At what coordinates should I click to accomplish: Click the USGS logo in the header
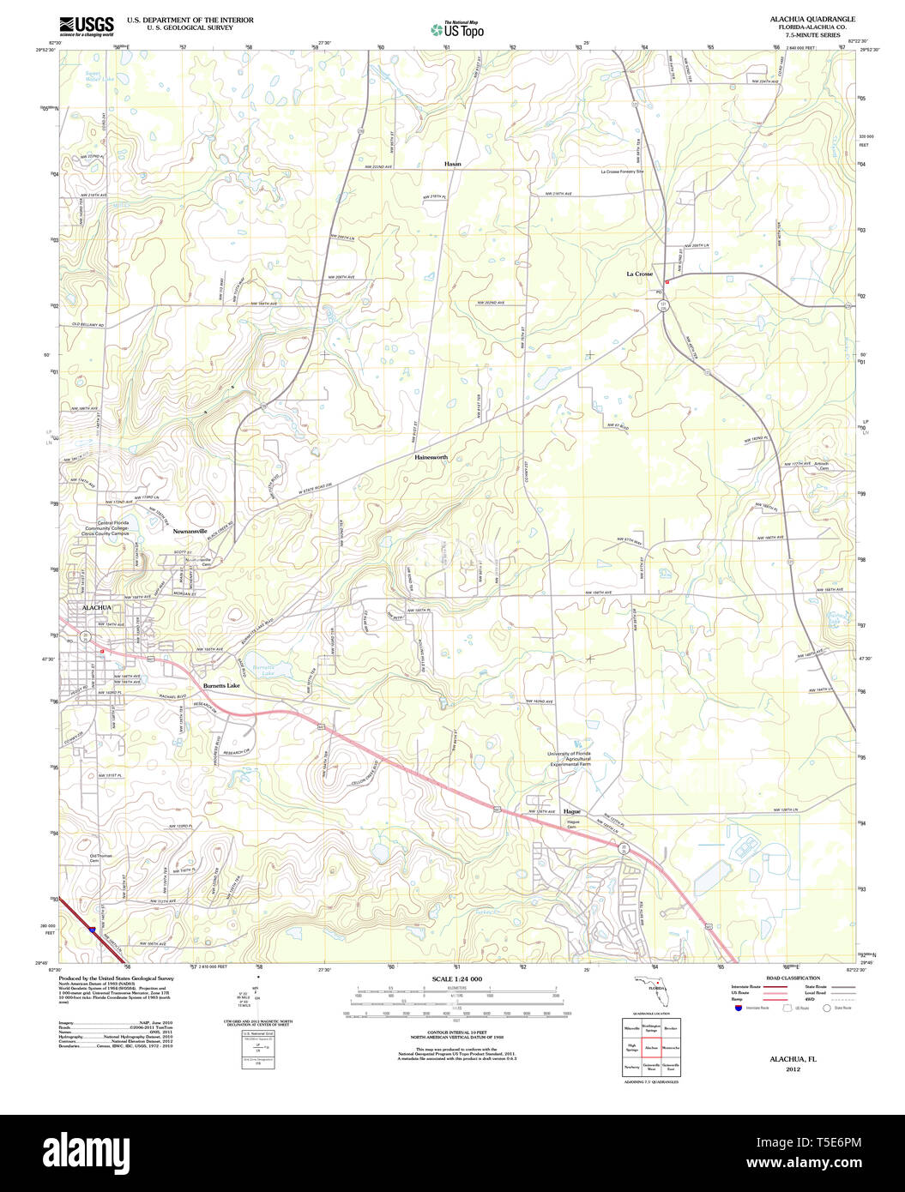pyautogui.click(x=86, y=26)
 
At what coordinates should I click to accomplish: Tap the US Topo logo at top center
pyautogui.click(x=457, y=29)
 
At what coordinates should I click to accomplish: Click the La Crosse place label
pyautogui.click(x=639, y=274)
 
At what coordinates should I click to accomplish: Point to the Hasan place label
pyautogui.click(x=452, y=163)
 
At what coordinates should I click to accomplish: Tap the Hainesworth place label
pyautogui.click(x=431, y=457)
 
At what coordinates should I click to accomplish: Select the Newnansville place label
pyautogui.click(x=190, y=531)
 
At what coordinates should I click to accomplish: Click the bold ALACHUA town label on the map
pyautogui.click(x=96, y=607)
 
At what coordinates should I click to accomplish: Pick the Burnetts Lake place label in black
pyautogui.click(x=221, y=686)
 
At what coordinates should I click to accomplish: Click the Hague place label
pyautogui.click(x=573, y=810)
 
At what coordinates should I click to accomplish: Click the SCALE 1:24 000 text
pyautogui.click(x=457, y=978)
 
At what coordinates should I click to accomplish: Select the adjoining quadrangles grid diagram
pyautogui.click(x=651, y=1046)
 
